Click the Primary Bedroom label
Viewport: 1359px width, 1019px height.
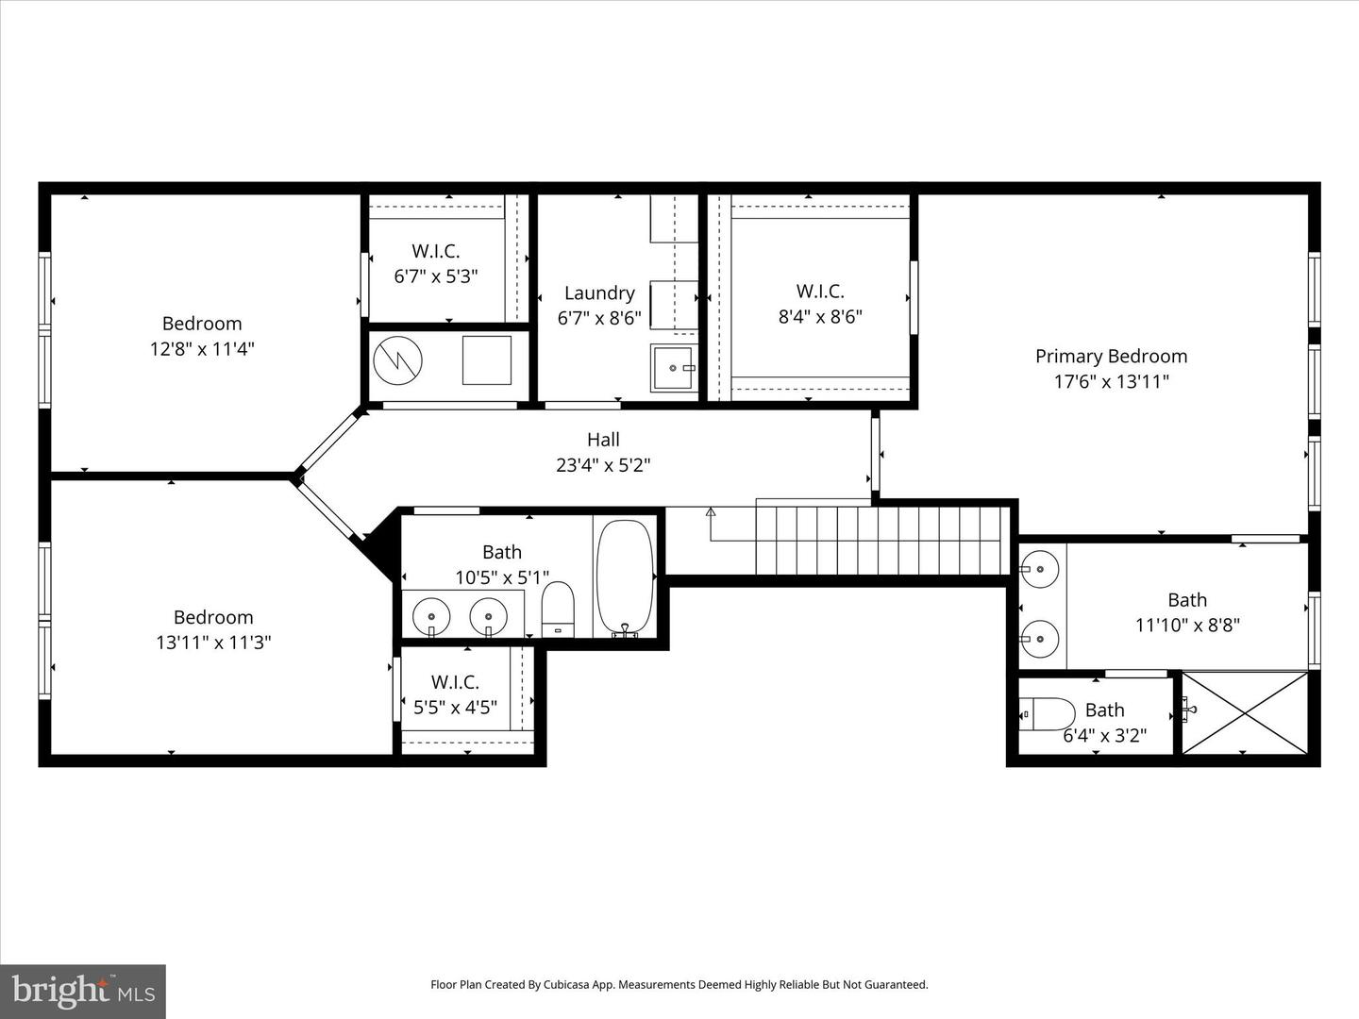click(1111, 356)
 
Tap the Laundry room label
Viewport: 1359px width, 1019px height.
click(599, 292)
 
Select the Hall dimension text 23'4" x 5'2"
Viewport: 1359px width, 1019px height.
click(603, 464)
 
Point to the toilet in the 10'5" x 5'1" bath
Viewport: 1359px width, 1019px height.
click(558, 609)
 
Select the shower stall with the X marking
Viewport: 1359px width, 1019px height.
click(1245, 712)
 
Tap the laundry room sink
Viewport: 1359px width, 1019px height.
click(673, 368)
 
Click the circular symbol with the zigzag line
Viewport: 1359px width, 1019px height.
click(397, 359)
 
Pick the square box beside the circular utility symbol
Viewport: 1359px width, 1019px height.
click(487, 359)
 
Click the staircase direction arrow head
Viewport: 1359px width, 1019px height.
click(711, 512)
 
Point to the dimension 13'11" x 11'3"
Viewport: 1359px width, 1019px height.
click(214, 643)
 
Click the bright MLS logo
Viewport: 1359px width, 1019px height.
click(83, 991)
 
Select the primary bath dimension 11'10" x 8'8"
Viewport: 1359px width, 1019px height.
click(1187, 625)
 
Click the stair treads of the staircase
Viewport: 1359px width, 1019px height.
click(878, 541)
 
